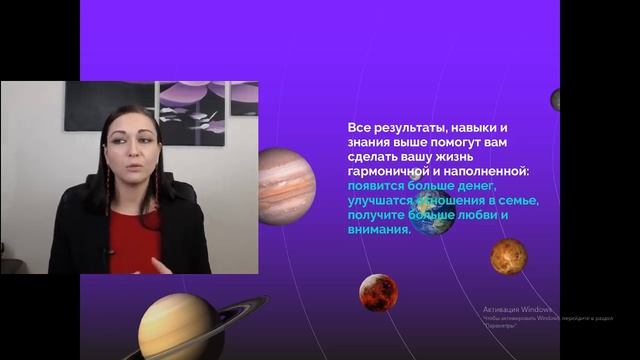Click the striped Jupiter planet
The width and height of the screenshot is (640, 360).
point(286,185)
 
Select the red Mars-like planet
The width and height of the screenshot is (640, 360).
point(378,292)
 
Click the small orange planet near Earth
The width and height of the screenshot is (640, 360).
point(508,256)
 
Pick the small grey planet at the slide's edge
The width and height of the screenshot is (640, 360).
point(555,99)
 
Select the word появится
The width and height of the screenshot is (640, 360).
point(379,186)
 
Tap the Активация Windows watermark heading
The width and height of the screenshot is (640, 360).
point(518,309)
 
